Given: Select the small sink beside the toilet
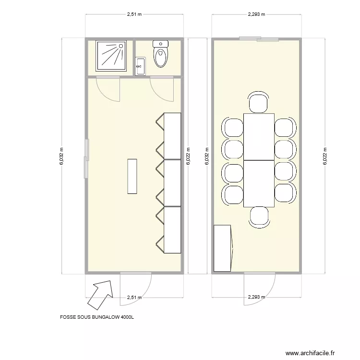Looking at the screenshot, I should point(141,66).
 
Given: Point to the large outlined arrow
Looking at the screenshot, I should point(100,292).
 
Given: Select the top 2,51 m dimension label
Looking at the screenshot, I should point(134,14).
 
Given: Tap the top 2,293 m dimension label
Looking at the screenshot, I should point(257,14).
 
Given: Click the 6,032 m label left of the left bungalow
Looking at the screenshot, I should point(61,156).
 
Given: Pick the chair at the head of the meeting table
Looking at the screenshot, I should point(258,103).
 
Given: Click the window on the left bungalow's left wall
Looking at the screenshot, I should point(86,156).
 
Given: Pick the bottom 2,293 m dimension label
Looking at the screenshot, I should point(257,297).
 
